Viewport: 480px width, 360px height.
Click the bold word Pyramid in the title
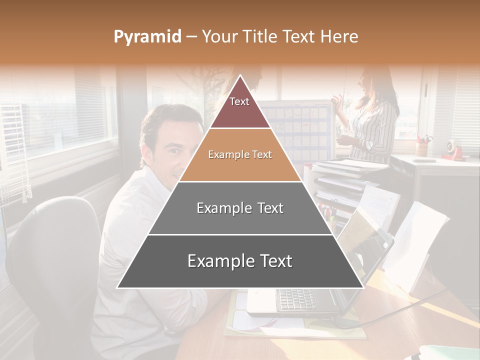click(147, 36)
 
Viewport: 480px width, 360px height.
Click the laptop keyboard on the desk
click(296, 299)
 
